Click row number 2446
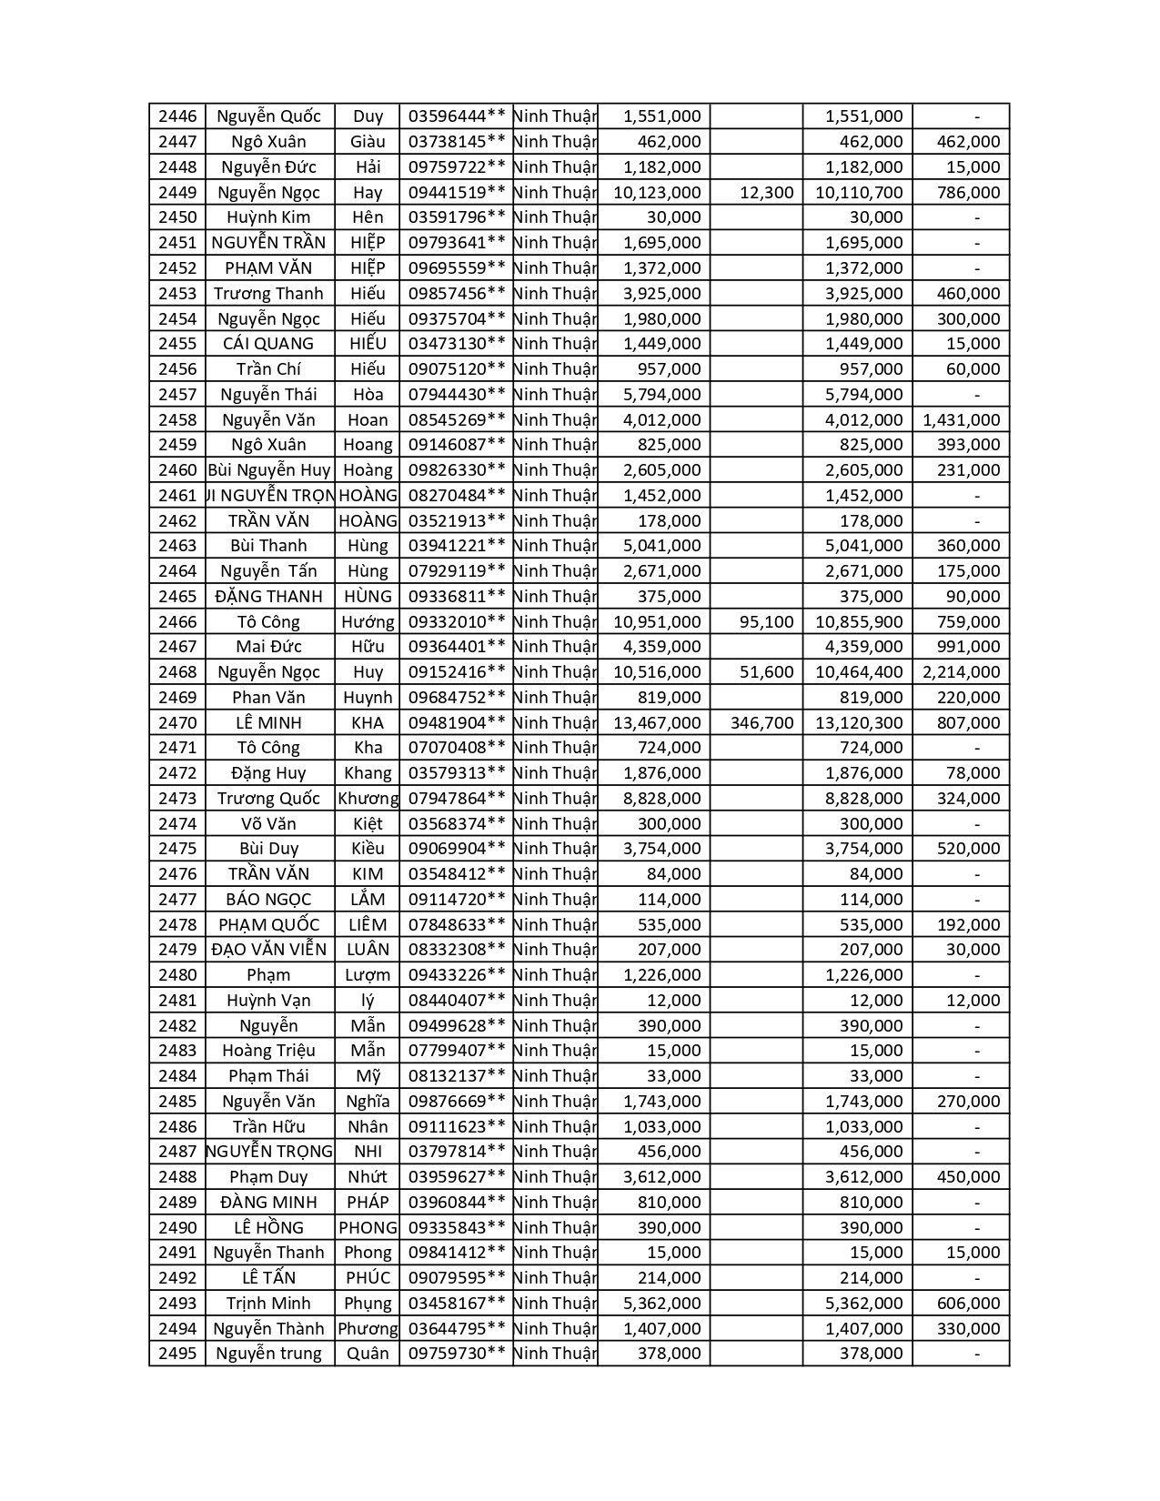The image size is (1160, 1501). click(177, 116)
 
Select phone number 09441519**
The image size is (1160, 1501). click(456, 192)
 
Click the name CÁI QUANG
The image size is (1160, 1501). click(268, 344)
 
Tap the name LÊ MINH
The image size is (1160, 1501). click(268, 723)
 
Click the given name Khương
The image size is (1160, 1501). click(368, 799)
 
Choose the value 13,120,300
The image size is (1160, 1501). click(859, 723)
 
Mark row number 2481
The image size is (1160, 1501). click(177, 1001)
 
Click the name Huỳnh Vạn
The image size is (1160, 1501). click(268, 1001)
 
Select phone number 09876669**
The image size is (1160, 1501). click(456, 1102)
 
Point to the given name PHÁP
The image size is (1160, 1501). click(368, 1203)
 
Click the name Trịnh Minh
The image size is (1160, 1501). click(268, 1304)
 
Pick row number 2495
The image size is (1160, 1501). click(177, 1354)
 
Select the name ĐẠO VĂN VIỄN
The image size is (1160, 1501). click(268, 950)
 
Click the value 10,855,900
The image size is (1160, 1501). click(859, 622)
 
